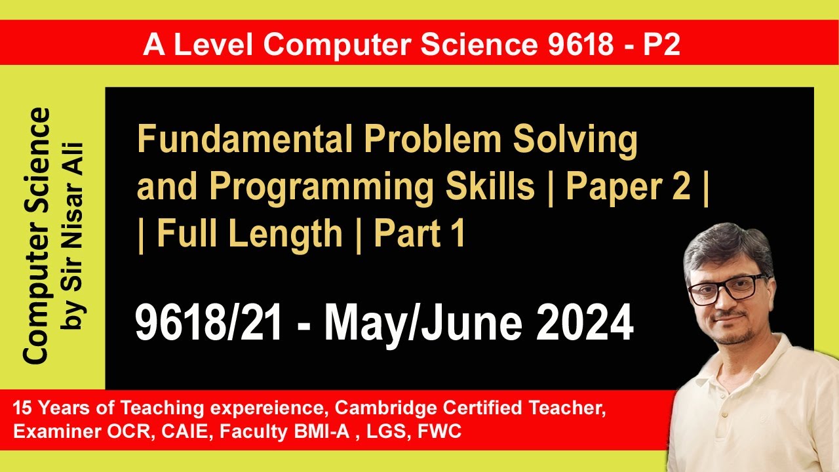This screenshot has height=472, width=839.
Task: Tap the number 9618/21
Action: point(208,324)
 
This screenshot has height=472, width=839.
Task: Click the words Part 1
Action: point(419,235)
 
